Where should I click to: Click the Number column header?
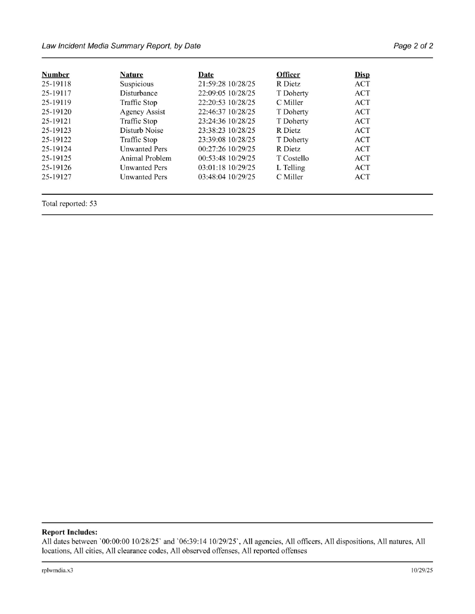[x=55, y=75]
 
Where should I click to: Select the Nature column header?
[x=131, y=75]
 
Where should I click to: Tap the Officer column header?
[x=288, y=75]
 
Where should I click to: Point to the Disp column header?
[x=362, y=75]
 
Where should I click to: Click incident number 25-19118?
[x=56, y=84]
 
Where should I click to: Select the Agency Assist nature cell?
[x=142, y=112]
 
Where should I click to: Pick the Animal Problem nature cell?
[x=145, y=158]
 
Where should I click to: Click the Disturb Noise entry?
[x=141, y=130]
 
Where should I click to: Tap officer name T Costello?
[x=292, y=158]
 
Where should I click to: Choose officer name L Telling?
[x=290, y=168]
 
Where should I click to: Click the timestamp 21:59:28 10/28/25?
[x=226, y=84]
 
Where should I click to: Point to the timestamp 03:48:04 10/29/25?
[x=226, y=177]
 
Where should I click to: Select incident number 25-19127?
[x=56, y=177]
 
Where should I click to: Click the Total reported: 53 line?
[x=69, y=204]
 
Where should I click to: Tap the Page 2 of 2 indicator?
[x=413, y=46]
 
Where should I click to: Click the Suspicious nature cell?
[x=136, y=84]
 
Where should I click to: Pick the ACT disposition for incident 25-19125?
[x=362, y=158]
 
